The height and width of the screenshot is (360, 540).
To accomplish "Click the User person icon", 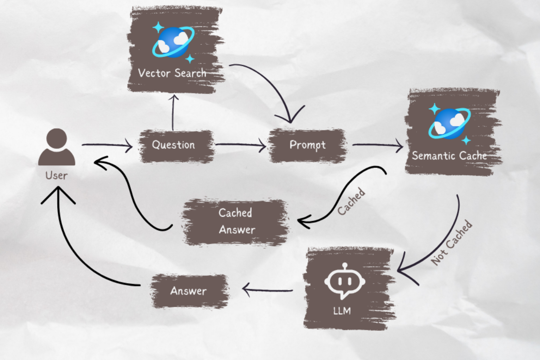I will coord(56,147).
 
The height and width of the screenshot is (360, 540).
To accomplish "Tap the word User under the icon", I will coord(56,175).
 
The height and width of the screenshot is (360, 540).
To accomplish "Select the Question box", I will coord(174,145).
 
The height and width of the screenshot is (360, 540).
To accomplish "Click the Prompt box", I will coord(307,145).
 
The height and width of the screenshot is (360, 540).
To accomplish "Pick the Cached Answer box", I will coord(236,221).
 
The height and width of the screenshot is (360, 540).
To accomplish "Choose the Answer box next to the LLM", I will coord(188,291).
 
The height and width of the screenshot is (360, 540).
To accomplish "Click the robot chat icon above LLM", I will coord(344,281).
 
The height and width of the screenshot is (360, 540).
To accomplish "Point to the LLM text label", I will coord(342,311).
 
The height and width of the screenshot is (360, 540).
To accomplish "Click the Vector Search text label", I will coord(172,73).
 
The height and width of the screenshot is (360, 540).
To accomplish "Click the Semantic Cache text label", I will coord(449,156).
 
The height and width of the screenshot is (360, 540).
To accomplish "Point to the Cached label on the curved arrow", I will coord(351,201).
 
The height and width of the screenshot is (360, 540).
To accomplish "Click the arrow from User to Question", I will coord(107,146).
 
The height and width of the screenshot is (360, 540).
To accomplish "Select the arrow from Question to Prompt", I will coord(240,146).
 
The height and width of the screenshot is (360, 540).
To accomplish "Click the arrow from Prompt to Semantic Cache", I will coord(377,146).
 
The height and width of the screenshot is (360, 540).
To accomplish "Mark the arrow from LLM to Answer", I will coord(268,291).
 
